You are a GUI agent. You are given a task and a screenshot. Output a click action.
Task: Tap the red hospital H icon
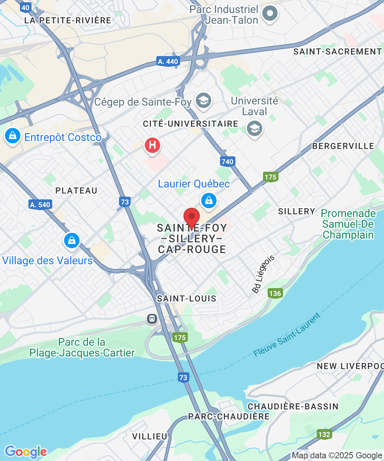click(152, 146)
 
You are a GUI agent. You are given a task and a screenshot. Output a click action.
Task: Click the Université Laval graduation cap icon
click(254, 129)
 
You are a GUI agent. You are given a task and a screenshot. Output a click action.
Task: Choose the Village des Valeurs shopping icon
click(71, 240)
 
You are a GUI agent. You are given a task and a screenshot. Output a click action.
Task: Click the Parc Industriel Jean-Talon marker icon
click(270, 13)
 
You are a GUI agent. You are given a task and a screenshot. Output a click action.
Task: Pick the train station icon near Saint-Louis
click(152, 318)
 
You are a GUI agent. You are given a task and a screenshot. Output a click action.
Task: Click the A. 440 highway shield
click(167, 61)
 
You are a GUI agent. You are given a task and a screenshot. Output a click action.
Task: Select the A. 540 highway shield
click(40, 204)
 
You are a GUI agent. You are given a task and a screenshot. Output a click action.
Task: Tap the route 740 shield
click(228, 162)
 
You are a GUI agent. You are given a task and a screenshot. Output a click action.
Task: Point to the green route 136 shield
click(275, 294)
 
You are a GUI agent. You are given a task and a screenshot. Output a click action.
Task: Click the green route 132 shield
click(324, 434)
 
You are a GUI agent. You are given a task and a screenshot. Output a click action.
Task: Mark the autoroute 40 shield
click(26, 7)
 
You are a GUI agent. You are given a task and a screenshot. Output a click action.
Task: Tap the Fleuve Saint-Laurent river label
click(287, 335)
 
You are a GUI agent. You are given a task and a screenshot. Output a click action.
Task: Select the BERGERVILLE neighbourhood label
click(343, 146)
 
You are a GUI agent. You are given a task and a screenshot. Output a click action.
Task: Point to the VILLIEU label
click(150, 436)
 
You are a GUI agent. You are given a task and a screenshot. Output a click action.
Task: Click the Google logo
click(26, 452)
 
